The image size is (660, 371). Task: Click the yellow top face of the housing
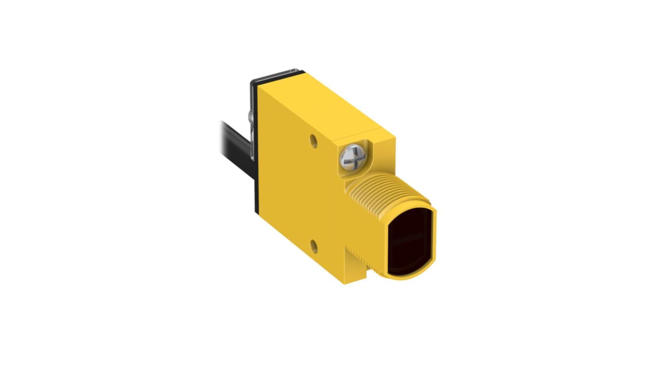point(325,102)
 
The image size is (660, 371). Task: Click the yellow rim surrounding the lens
point(435,242)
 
